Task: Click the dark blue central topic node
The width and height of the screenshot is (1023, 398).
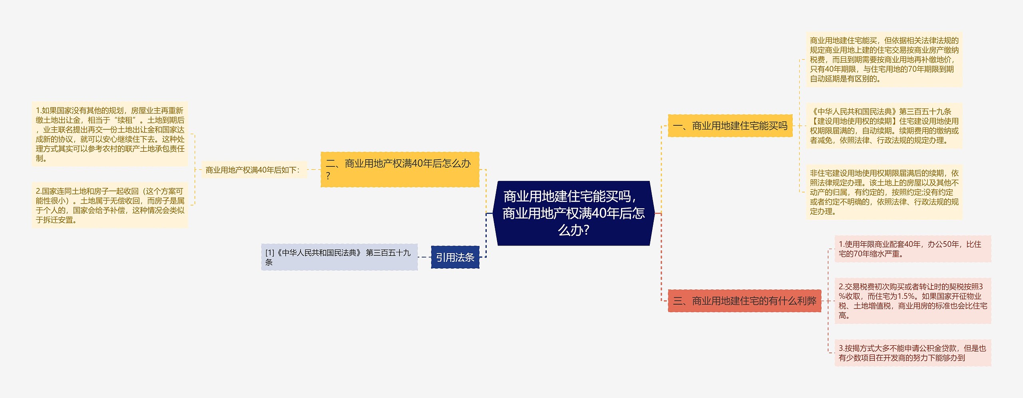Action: tap(573, 213)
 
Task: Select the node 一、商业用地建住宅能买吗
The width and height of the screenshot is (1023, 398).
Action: tap(730, 126)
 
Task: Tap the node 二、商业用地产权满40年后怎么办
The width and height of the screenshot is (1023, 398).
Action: tap(400, 169)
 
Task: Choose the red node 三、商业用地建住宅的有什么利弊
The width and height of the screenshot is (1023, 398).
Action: tap(744, 301)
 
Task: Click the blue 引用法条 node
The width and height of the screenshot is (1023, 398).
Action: tap(455, 257)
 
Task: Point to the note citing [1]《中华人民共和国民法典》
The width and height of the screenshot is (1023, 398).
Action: tap(339, 257)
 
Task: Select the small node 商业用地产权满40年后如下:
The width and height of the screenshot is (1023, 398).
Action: tap(253, 170)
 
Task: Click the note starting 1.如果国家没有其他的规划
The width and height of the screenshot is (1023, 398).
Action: tap(110, 134)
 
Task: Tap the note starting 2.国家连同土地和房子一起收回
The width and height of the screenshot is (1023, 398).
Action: tap(110, 205)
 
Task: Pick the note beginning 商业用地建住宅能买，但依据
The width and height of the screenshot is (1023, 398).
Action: tap(884, 59)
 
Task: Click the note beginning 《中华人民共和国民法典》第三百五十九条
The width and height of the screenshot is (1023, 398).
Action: tap(884, 126)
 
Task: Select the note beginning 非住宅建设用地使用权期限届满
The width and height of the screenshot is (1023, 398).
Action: tap(884, 192)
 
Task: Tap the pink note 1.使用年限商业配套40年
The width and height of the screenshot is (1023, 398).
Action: tap(912, 249)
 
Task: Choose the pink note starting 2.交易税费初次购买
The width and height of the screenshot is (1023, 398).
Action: tap(912, 301)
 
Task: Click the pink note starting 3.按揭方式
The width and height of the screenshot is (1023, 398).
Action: tap(912, 353)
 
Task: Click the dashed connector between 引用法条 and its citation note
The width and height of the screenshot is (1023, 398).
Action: tap(424, 257)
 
